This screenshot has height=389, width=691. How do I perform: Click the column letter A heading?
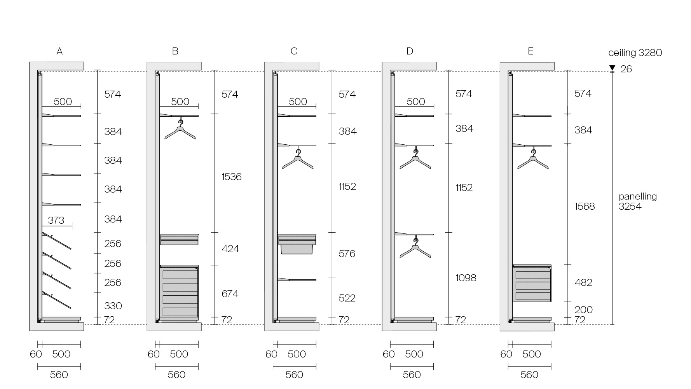click(x=59, y=51)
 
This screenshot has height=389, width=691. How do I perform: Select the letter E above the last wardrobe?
click(x=530, y=51)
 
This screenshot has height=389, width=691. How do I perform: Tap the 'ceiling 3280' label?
click(x=635, y=53)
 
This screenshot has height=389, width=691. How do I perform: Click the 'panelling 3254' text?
click(x=637, y=202)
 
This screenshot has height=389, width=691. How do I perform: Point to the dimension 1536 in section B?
click(x=232, y=177)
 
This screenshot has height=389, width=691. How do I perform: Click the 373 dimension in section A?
click(x=56, y=221)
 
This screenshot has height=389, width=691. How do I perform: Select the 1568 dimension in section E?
click(x=585, y=206)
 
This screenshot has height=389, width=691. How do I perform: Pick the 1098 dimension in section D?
click(x=466, y=278)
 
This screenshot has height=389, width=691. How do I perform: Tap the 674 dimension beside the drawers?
click(x=230, y=294)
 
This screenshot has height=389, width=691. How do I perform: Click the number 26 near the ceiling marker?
click(x=626, y=69)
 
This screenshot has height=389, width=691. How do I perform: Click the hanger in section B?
click(x=180, y=130)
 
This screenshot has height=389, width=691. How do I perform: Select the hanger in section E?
click(x=533, y=160)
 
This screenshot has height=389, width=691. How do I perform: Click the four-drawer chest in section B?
click(x=180, y=292)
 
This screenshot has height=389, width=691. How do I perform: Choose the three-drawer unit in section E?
click(x=532, y=284)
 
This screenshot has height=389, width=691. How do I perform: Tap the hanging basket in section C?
click(x=297, y=249)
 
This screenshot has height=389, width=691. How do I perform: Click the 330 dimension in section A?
click(x=113, y=306)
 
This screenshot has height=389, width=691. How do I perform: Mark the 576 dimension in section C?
click(x=347, y=254)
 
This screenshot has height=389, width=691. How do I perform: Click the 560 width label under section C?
click(x=294, y=375)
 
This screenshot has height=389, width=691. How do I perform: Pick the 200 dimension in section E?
click(x=584, y=310)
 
